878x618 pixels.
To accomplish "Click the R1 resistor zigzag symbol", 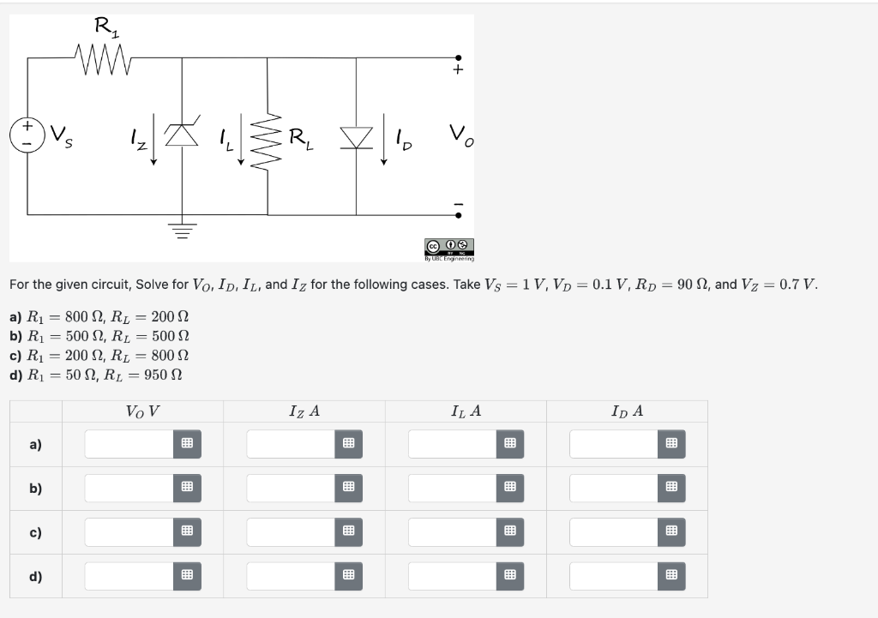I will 103,58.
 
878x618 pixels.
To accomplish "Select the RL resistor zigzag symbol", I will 272,135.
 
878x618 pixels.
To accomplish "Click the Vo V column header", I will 142,411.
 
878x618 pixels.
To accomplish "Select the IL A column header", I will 466,411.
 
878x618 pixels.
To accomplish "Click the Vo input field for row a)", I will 129,444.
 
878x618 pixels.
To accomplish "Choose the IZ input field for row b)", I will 291,489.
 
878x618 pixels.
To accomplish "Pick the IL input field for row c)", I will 453,532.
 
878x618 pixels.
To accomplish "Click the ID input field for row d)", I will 614,576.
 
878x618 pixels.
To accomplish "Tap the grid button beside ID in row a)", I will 672,444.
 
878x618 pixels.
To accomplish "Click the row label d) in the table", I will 35,576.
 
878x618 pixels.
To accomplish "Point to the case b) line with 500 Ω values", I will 99,336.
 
